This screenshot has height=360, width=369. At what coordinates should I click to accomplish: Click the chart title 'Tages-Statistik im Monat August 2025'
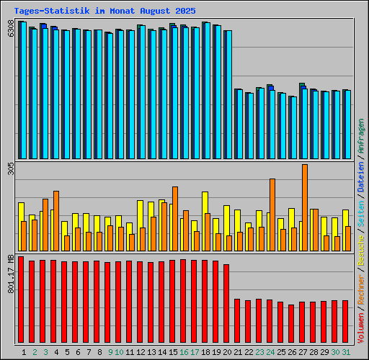(104, 11)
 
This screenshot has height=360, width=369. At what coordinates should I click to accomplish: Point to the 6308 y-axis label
(10, 29)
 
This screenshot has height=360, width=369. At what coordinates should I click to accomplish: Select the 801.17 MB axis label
(10, 274)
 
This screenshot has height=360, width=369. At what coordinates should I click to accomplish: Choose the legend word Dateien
(361, 177)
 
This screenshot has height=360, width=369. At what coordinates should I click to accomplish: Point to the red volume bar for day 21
(237, 322)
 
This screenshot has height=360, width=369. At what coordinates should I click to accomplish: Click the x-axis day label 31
(346, 352)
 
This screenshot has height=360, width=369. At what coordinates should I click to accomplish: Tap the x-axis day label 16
(184, 352)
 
